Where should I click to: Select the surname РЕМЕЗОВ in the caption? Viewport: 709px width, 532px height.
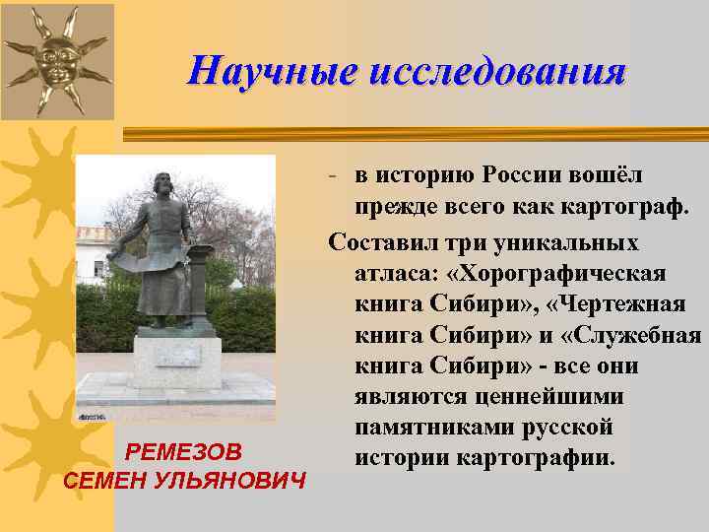pos(184,452)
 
